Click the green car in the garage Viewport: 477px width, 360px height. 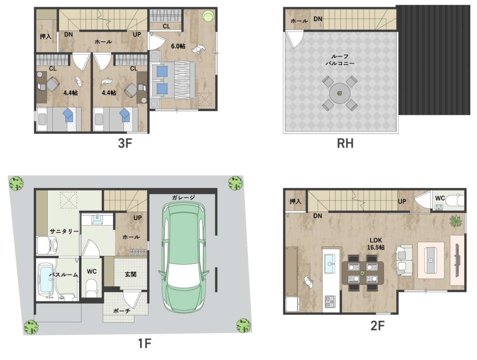[x=183, y=257]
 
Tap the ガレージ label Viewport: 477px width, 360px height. [x=183, y=197]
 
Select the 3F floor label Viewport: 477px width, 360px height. [x=125, y=143]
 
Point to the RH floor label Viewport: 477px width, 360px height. [x=345, y=143]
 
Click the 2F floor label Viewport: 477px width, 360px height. [x=377, y=326]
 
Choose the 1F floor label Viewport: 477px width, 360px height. [x=144, y=343]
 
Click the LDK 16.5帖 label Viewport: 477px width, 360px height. [x=376, y=243]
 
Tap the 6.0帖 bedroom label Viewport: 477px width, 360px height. [x=178, y=46]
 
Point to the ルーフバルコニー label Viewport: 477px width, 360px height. [x=340, y=60]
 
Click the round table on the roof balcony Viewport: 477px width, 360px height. [x=339, y=93]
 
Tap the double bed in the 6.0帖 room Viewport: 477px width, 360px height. [x=172, y=80]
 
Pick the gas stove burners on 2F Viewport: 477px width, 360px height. [x=330, y=302]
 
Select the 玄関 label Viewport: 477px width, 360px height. [x=130, y=274]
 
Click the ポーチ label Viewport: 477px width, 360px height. [x=122, y=311]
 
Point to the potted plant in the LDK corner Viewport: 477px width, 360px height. [x=455, y=221]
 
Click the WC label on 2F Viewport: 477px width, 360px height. [x=440, y=198]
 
